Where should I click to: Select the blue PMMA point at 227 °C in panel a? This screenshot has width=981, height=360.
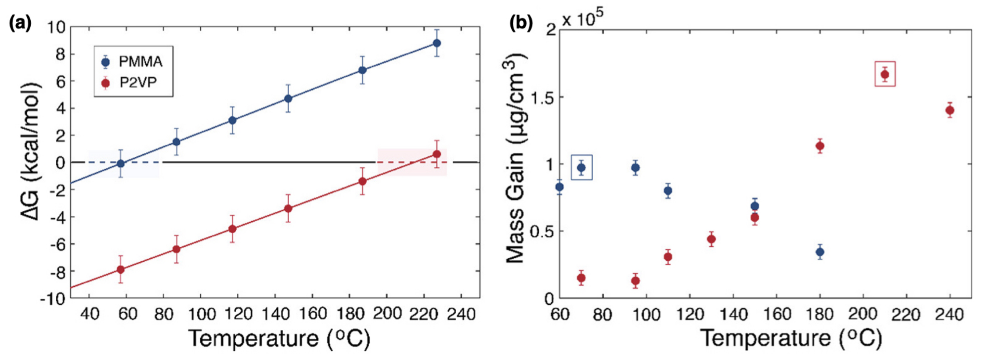click(437, 43)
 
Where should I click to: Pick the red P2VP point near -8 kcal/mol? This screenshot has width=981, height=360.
click(121, 269)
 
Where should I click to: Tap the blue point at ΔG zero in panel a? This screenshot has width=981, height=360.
click(121, 163)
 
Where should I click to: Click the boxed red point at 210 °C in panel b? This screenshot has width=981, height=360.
click(885, 74)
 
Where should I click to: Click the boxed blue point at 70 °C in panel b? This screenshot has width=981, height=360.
click(581, 167)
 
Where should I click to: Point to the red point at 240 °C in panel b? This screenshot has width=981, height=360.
click(950, 111)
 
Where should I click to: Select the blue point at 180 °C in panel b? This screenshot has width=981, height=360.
click(820, 252)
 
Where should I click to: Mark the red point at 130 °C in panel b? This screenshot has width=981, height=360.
click(711, 239)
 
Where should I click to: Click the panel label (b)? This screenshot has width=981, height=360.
click(521, 24)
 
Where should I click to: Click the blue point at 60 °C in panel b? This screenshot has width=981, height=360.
click(559, 187)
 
